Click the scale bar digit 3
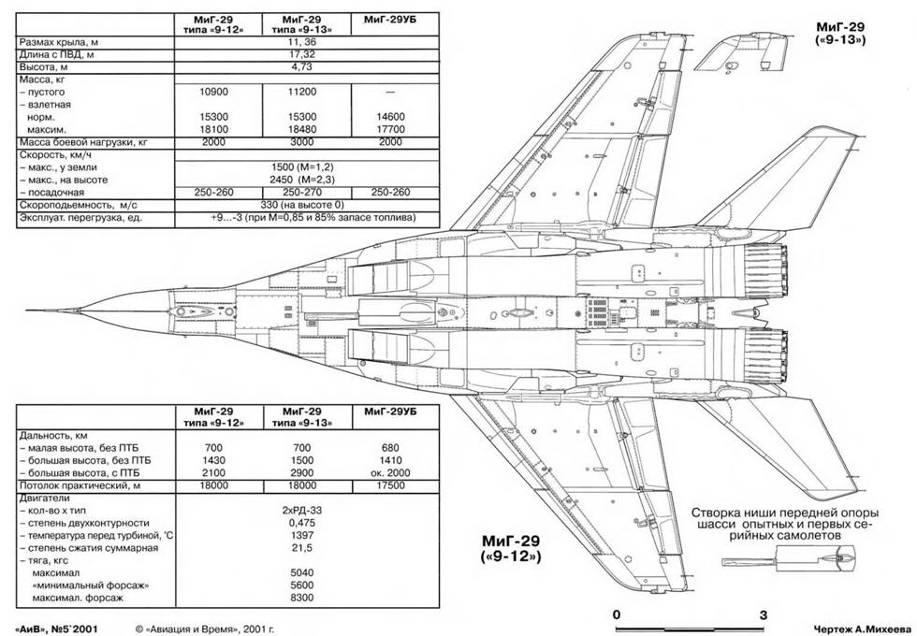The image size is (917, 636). click(x=763, y=614)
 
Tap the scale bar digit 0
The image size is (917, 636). click(x=617, y=614)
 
